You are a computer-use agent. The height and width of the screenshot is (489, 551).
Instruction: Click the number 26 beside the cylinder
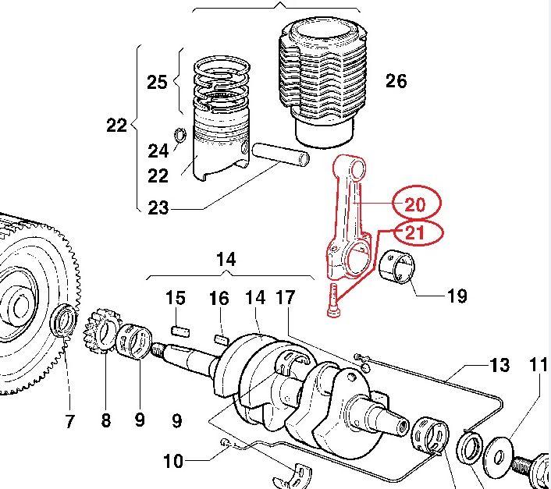396,80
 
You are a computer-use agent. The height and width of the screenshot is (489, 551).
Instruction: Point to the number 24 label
158,150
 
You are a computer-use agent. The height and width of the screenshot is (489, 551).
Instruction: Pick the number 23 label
158,207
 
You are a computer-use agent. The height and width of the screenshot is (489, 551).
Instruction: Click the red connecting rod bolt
333,300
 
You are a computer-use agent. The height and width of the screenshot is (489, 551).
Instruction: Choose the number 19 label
457,296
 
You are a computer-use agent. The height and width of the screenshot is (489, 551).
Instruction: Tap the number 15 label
176,298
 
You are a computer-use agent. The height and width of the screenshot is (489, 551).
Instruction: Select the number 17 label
286,298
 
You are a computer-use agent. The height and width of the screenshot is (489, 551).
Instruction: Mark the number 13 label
499,364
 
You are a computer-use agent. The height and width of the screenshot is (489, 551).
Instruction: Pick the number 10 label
173,462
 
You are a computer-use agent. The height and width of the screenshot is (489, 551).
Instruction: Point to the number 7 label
69,422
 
